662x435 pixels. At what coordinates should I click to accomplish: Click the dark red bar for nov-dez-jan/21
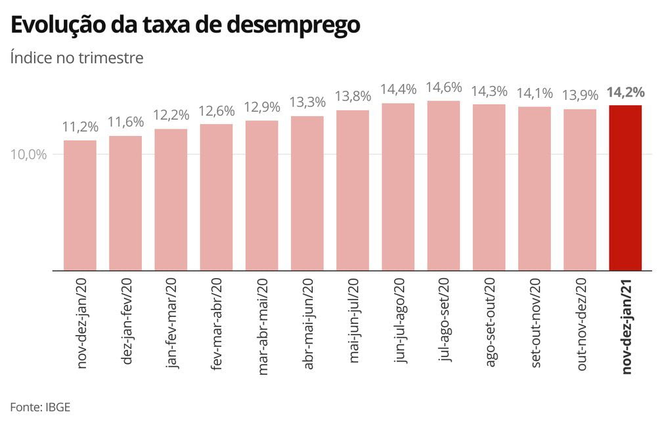point(625,188)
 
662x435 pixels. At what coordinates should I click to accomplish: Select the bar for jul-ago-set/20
point(443,186)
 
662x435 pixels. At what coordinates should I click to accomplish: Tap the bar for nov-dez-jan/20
point(80,206)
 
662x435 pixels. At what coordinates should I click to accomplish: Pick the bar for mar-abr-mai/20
point(262,196)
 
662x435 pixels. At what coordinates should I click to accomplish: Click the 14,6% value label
point(444,87)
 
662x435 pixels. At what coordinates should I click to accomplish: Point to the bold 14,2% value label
point(626,91)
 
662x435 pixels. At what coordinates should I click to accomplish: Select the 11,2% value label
point(80,127)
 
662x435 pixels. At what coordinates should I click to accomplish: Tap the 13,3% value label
point(307,103)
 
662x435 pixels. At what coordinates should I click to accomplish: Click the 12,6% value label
point(217,111)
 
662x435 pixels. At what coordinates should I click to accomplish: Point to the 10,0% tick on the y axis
point(28,154)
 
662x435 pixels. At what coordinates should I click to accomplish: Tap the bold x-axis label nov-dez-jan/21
point(627,326)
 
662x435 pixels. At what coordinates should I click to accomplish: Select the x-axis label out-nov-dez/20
point(581,325)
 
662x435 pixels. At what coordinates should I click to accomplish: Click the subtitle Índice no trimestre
point(77,57)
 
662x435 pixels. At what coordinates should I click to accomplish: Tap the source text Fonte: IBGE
point(40,407)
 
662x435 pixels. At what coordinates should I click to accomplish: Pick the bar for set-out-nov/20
point(535,189)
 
